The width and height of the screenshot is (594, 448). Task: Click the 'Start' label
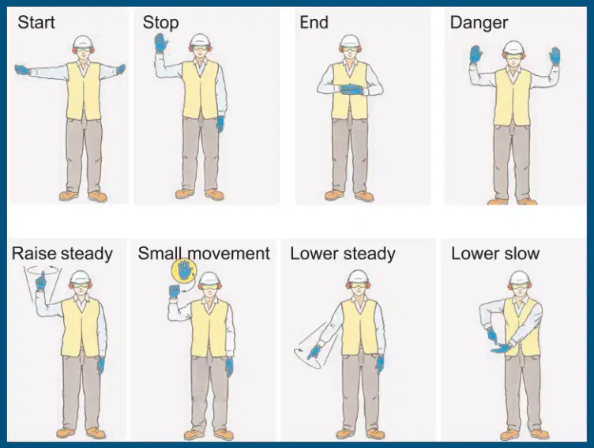point(36,22)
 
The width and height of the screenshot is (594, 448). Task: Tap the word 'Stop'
point(160,23)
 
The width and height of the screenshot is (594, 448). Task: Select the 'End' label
point(314,22)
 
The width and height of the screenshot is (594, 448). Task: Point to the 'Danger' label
point(479,23)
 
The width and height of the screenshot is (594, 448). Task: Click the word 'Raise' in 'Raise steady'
point(34,254)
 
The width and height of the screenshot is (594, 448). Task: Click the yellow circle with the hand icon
point(184,271)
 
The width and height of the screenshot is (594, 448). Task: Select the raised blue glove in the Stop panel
point(161,43)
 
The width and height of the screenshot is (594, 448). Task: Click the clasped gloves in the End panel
point(352,89)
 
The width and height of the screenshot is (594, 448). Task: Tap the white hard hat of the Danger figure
point(513,47)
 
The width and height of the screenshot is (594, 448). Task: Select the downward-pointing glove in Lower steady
point(314,352)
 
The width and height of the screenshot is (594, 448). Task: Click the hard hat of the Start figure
point(83,43)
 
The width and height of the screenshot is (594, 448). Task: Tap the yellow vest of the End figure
point(349,91)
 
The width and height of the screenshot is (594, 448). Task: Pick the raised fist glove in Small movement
point(175,291)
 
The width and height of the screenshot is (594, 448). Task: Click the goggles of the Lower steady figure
point(359,284)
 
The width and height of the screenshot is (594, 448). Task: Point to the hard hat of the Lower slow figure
point(520,278)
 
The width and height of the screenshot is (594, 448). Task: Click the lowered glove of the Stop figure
point(220,124)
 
